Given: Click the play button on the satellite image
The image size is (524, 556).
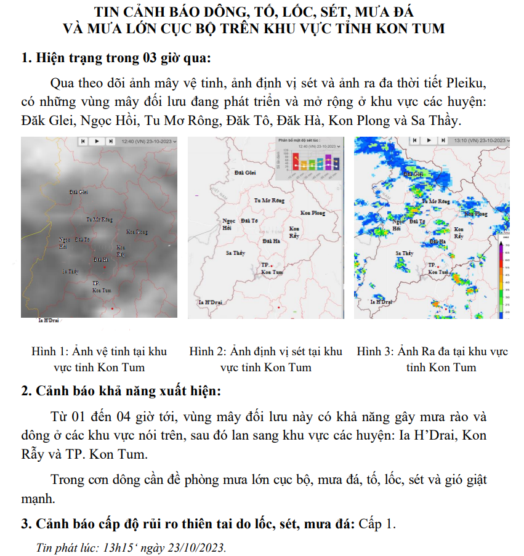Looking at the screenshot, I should [96, 141].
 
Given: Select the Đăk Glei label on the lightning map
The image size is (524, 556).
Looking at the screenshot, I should [245, 173].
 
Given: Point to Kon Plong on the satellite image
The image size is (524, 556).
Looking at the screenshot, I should [137, 232].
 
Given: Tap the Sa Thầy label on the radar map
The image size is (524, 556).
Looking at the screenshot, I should [405, 253].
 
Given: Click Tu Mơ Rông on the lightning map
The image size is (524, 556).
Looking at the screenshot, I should [269, 201].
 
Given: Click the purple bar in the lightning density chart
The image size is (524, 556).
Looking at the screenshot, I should [328, 163].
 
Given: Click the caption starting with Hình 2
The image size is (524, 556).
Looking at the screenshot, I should [265, 359].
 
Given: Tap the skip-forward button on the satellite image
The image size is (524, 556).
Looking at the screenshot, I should [110, 141].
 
